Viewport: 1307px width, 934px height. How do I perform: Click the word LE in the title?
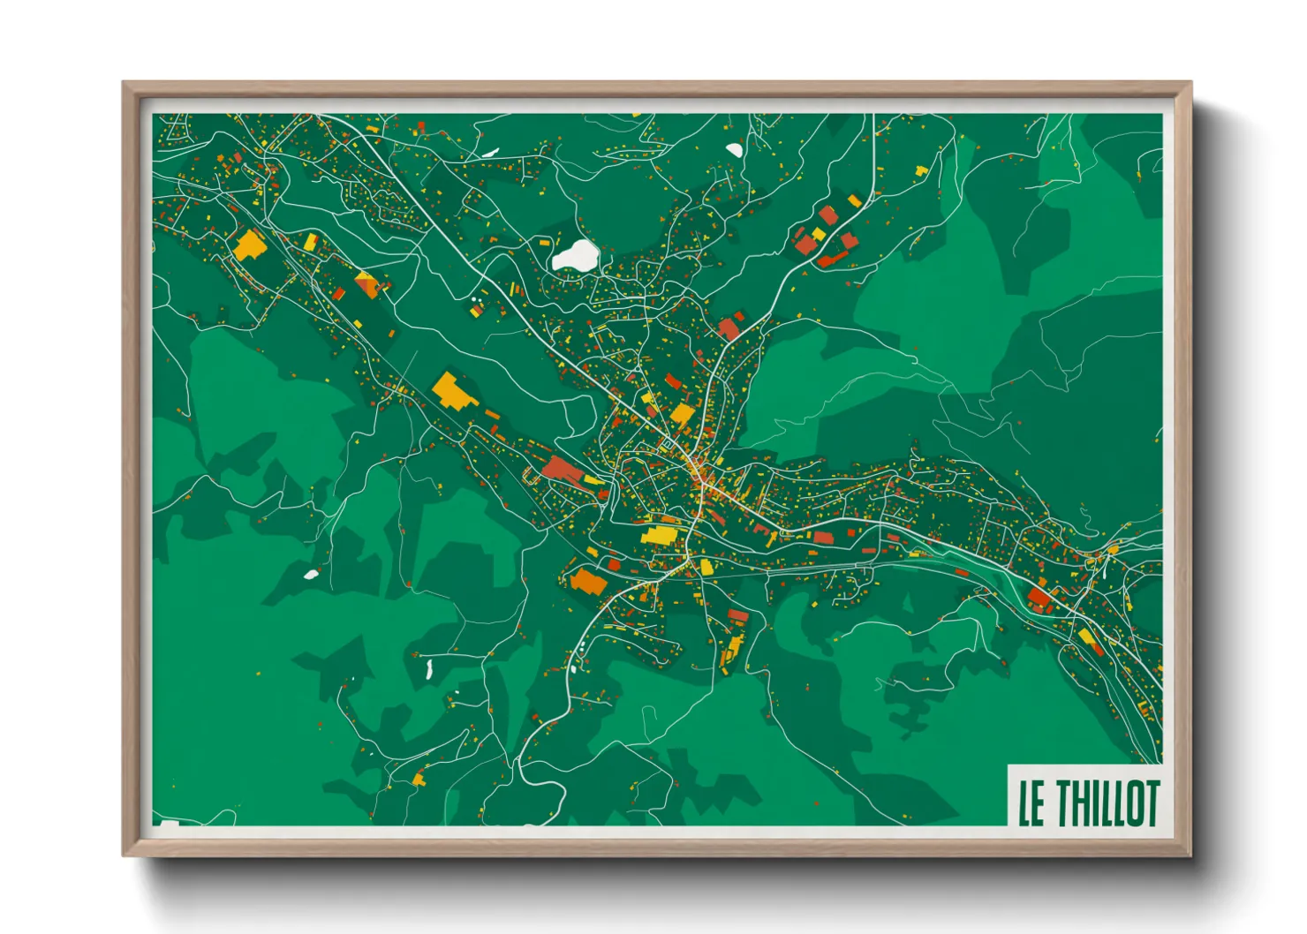coord(1031,803)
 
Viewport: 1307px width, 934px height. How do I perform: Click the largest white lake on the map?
coord(575,256)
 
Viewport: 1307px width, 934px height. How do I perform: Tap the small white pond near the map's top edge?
coord(734,150)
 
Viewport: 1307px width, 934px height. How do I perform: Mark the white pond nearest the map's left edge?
coord(311,575)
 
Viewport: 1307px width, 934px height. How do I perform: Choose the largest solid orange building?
coord(586,581)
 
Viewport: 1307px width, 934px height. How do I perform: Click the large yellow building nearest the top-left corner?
coord(250,244)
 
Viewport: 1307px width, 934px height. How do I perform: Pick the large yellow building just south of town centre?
coord(659,535)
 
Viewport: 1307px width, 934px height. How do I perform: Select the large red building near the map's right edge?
coord(1039,599)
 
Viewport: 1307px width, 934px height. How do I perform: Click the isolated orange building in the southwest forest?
coord(419,778)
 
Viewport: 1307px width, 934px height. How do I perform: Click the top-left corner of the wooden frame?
coord(124,83)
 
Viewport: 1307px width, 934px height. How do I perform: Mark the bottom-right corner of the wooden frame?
coord(1191,855)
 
